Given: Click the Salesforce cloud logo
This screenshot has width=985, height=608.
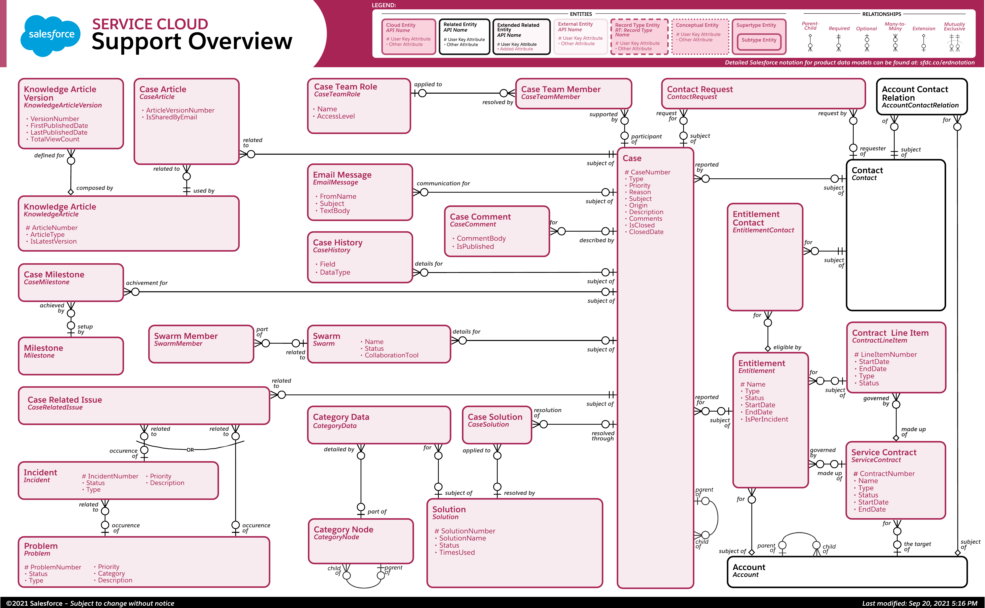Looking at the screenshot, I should tap(51, 35).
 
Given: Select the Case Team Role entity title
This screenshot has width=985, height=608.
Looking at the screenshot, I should tap(345, 87).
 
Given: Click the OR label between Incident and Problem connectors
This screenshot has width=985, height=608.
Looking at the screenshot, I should tap(190, 450).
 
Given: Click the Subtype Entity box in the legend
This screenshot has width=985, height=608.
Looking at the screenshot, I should tap(759, 40).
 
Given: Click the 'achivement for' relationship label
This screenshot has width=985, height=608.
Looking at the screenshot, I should tap(146, 283).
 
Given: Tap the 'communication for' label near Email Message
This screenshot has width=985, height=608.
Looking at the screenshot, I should tap(443, 183).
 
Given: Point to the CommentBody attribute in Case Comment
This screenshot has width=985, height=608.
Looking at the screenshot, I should tap(481, 238).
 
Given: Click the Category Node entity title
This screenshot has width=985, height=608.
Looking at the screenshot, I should tap(343, 530).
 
